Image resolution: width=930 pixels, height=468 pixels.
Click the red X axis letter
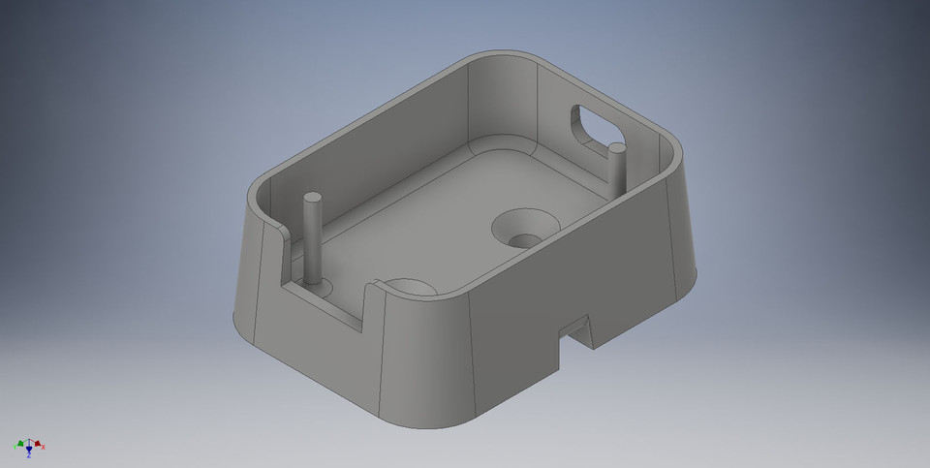44,447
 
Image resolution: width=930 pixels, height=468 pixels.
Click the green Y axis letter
15,447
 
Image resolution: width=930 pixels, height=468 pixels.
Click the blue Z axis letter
29,455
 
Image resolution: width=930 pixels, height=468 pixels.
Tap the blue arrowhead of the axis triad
29,449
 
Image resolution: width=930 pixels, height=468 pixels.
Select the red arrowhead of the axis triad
38,444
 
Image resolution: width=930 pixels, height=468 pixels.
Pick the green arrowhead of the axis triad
20,444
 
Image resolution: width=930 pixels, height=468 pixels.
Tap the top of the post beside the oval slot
615,148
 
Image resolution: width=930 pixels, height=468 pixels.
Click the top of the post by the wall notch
312,199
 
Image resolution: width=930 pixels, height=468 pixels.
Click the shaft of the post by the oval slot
616,170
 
